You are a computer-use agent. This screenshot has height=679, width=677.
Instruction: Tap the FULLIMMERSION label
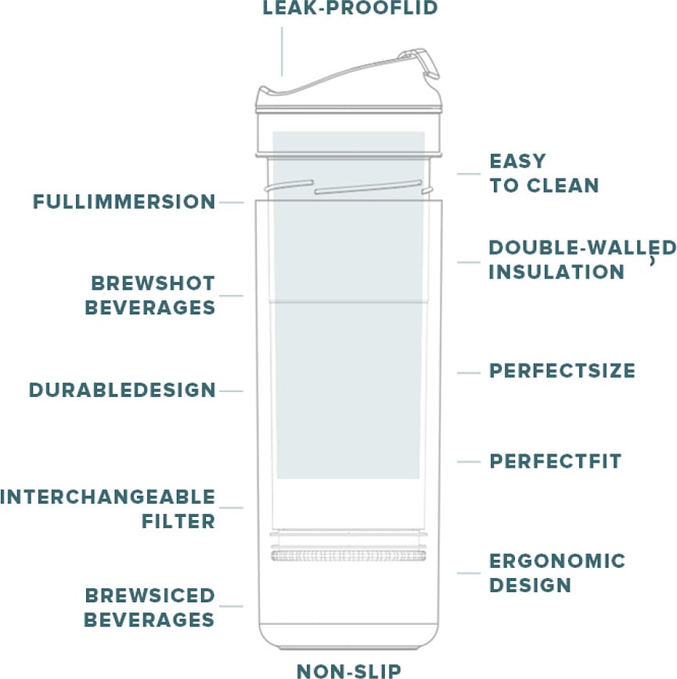[x=124, y=202]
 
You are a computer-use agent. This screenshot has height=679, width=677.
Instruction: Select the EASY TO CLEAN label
[x=543, y=173]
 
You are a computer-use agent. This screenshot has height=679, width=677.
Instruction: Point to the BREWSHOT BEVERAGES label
[x=150, y=295]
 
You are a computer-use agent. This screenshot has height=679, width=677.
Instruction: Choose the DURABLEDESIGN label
[x=122, y=390]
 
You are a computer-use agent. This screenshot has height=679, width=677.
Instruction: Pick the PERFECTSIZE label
[x=562, y=371]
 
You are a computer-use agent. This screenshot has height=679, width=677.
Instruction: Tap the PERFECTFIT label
[x=555, y=461]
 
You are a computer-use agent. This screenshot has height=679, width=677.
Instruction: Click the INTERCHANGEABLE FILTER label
[x=108, y=509]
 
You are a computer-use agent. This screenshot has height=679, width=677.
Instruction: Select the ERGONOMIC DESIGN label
[x=556, y=572]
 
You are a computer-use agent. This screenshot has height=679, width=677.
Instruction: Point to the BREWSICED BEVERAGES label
[x=149, y=608]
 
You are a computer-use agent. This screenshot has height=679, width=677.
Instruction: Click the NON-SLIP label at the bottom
[x=348, y=670]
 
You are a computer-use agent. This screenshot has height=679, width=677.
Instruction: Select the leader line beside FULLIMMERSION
[x=232, y=203]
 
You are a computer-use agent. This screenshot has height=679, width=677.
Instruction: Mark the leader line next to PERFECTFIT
[x=469, y=462]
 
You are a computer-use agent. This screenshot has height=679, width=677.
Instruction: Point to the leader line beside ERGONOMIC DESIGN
[x=469, y=573]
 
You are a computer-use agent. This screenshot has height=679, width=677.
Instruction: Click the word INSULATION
[x=556, y=272]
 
